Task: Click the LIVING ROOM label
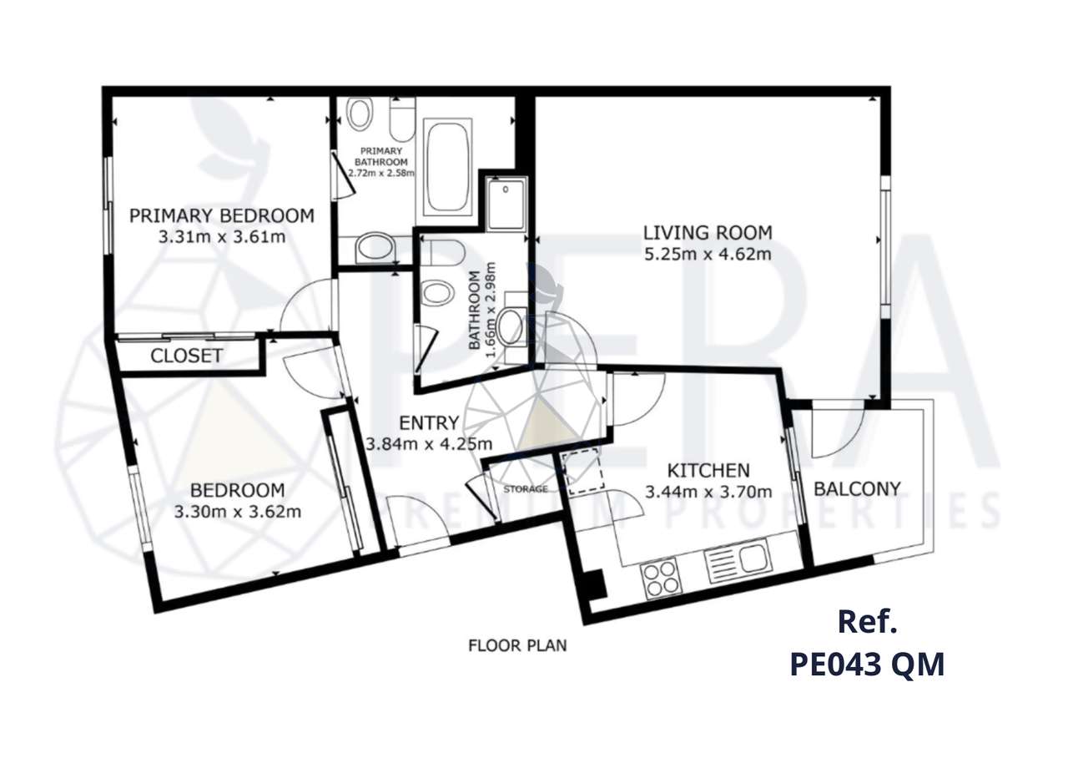[707, 232]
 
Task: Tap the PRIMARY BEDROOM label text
[221, 215]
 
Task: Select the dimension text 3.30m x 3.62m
[237, 511]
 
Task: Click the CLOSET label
[186, 356]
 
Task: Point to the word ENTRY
[428, 422]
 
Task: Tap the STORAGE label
[526, 488]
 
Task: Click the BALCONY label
[857, 488]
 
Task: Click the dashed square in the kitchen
[584, 472]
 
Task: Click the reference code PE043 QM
[867, 665]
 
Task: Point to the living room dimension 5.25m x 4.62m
[707, 253]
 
